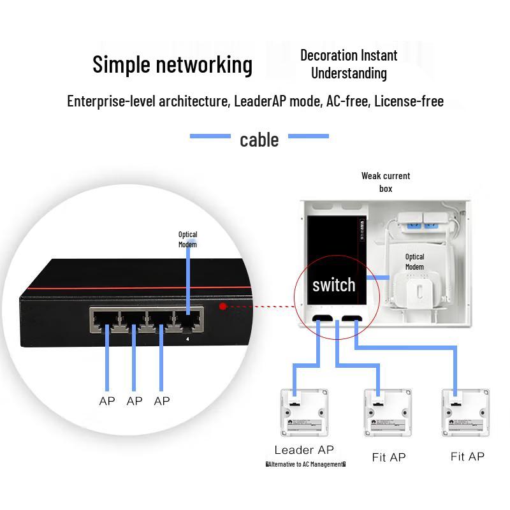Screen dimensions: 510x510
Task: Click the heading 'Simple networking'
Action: (x=172, y=65)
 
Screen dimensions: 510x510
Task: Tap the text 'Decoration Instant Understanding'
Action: (x=349, y=64)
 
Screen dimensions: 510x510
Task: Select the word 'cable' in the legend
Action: (x=259, y=140)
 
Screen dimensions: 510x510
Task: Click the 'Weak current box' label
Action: (x=386, y=182)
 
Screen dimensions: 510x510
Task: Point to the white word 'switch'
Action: (x=333, y=285)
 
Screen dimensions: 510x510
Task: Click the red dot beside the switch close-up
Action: (x=222, y=306)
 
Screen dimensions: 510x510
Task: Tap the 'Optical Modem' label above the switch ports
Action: (x=187, y=239)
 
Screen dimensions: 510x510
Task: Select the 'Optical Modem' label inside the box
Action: (x=414, y=261)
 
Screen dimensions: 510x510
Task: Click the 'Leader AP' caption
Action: (x=304, y=450)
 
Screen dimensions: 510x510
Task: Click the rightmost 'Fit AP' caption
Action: (x=467, y=456)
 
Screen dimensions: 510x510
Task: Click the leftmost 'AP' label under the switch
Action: (x=107, y=401)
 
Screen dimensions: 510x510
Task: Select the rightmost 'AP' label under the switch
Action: (x=162, y=401)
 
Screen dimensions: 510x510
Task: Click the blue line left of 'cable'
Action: (x=210, y=136)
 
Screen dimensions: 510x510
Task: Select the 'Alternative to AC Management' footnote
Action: (x=305, y=465)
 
